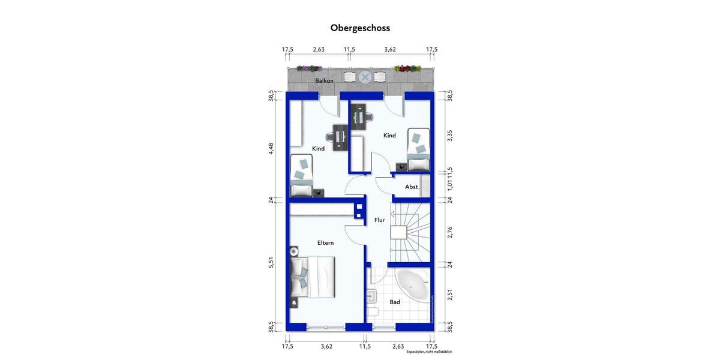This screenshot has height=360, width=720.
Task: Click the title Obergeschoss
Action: tap(360, 28)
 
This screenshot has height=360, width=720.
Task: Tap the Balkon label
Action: tap(324, 80)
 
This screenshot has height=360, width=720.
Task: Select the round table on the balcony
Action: tap(365, 77)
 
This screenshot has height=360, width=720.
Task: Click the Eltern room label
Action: tap(325, 242)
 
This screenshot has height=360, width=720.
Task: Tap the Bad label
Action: tap(395, 302)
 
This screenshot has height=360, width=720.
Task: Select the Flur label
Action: tap(379, 220)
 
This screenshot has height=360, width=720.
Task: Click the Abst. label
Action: tap(412, 187)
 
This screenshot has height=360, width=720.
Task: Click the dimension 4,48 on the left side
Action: tap(271, 149)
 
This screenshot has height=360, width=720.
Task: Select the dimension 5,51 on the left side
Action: tap(271, 262)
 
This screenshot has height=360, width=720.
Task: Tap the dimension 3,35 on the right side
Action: tap(449, 135)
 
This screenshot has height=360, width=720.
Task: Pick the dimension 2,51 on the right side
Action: tap(449, 295)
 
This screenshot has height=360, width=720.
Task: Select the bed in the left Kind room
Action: tap(302, 176)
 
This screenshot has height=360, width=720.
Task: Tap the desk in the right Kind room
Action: tap(359, 118)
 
